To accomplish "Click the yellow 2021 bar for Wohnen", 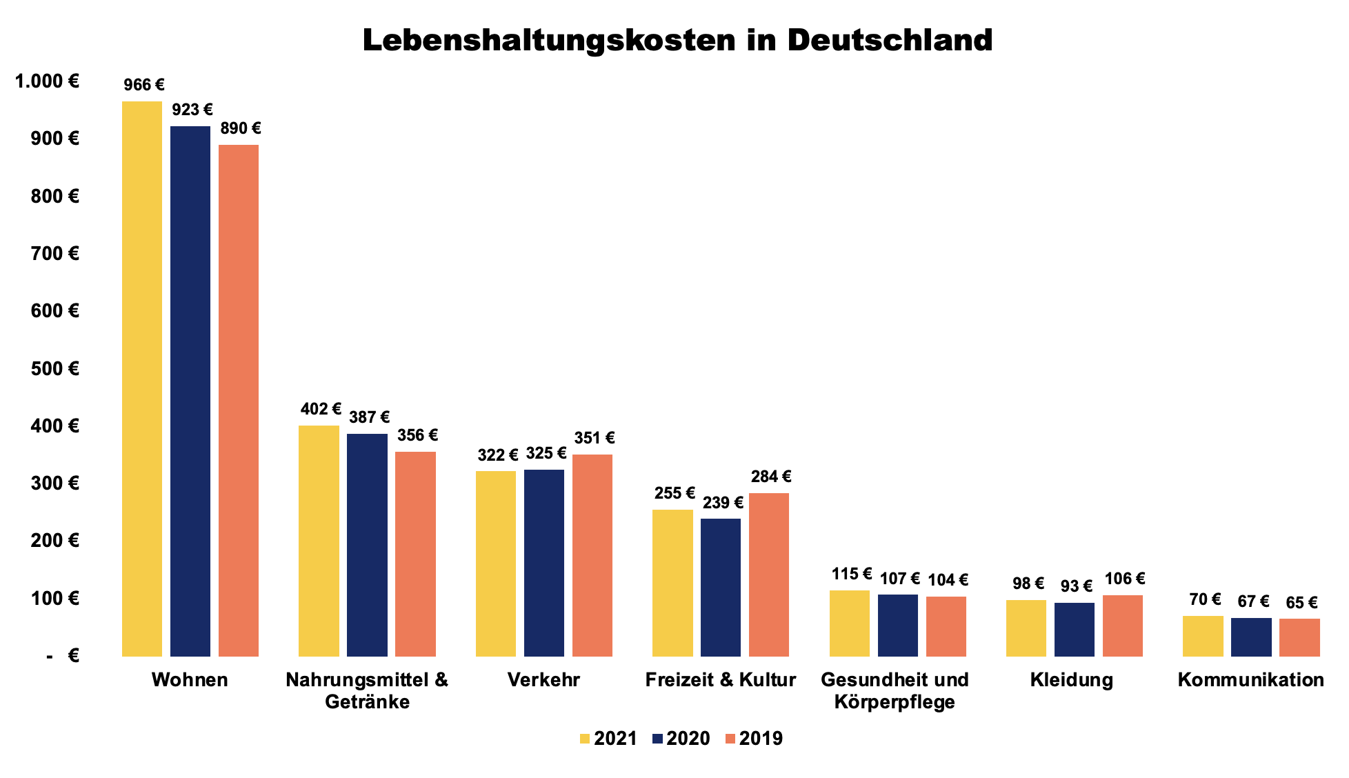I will [x=142, y=379].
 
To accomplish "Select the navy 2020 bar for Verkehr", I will [x=544, y=563].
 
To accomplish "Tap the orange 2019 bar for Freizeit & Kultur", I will [x=769, y=575].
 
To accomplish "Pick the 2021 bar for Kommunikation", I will [x=1203, y=636].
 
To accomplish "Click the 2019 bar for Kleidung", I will [x=1123, y=626].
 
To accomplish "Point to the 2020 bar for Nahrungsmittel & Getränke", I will [x=367, y=545].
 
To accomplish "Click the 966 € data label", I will [x=144, y=85].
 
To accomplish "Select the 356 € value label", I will [x=417, y=435].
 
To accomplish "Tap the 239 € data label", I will [x=723, y=502].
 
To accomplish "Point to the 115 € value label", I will [x=852, y=574].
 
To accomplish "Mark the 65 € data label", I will [x=1301, y=603].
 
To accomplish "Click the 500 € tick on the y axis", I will [x=54, y=368].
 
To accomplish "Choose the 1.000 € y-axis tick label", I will [x=47, y=81].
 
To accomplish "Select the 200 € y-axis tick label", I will [x=54, y=540].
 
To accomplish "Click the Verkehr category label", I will [x=543, y=680].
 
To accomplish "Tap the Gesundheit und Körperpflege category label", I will [x=895, y=690].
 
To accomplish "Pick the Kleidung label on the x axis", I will [x=1072, y=680].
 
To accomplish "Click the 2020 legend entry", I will [x=681, y=739].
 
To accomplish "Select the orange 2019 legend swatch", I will [x=731, y=739].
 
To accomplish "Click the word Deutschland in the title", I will [x=890, y=40].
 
